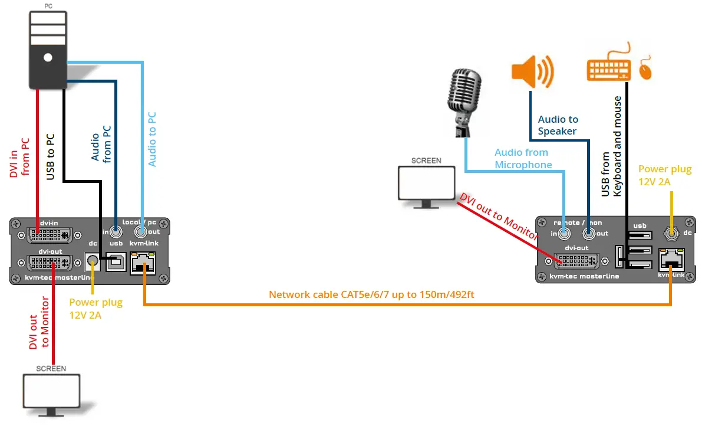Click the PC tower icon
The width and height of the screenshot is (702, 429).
[x=47, y=50]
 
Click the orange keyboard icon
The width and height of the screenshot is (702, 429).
[x=609, y=65]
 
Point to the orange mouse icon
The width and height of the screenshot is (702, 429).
[x=647, y=70]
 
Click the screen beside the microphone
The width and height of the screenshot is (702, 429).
[x=427, y=184]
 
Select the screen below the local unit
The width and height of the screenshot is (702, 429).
[x=51, y=391]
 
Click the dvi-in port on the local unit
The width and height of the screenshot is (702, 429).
[x=51, y=235]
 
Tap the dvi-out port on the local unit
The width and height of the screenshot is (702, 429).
[x=51, y=263]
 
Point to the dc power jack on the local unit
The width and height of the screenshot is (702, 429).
[x=93, y=260]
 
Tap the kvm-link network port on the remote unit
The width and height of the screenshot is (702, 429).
[x=671, y=260]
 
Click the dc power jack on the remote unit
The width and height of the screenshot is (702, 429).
[x=671, y=234]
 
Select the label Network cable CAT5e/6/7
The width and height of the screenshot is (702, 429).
[x=371, y=294]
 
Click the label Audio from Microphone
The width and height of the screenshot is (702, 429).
[x=523, y=159]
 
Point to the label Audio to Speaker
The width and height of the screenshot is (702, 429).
[x=558, y=125]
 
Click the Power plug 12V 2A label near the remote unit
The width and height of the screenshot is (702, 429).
[x=665, y=176]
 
